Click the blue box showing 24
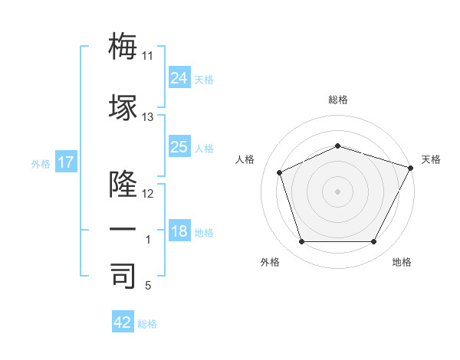pos(179,77)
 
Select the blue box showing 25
pos(179,147)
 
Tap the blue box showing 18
pos(179,231)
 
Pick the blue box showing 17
pos(65,162)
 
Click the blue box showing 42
pos(123,322)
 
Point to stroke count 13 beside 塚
pos(148,117)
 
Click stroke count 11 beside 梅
pos(148,56)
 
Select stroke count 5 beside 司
pos(148,286)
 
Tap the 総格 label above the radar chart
pos(338,100)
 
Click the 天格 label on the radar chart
pos(431,159)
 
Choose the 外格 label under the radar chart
pos(270,262)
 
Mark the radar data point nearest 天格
pos(412,168)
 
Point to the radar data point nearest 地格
pos(373,241)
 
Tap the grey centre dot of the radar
pos(338,191)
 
